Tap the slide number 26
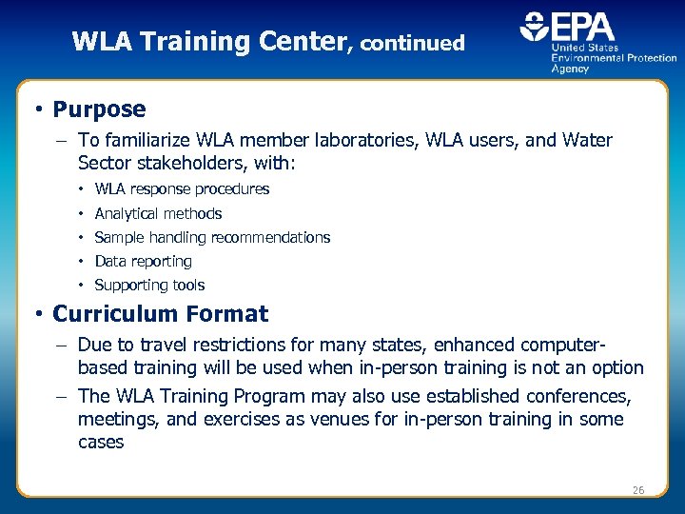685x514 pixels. point(638,490)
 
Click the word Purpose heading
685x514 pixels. point(99,109)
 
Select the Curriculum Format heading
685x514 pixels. point(160,313)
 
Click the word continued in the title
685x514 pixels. point(413,43)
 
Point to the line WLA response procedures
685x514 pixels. point(182,189)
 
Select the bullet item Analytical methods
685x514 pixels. point(158,213)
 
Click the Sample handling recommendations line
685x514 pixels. point(212,237)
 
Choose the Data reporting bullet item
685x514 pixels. point(143,261)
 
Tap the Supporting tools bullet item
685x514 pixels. point(149,285)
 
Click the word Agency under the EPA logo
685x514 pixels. point(571,69)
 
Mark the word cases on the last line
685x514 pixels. point(101,443)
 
